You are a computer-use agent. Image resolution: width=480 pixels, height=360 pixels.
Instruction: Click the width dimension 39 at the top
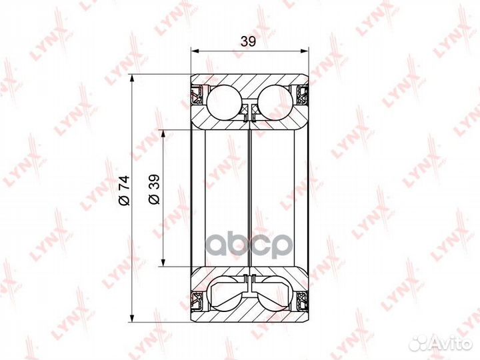click(x=248, y=41)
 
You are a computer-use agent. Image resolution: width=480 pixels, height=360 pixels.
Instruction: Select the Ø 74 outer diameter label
click(x=125, y=190)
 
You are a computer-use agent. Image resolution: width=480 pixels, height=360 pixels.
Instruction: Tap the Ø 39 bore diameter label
click(x=154, y=189)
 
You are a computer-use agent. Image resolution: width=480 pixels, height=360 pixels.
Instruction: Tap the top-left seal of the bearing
click(x=197, y=96)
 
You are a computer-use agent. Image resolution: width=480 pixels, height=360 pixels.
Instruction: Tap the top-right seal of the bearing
click(x=302, y=96)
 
